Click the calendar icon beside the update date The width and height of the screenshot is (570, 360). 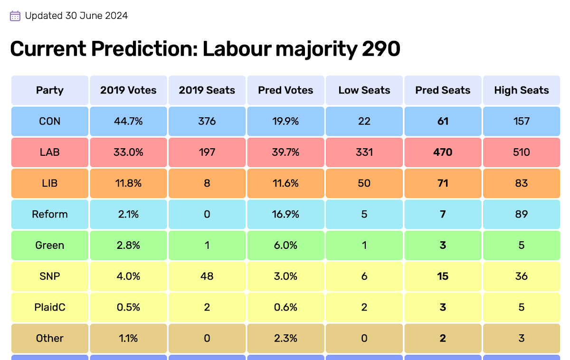click(15, 16)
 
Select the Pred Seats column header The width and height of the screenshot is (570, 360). click(443, 90)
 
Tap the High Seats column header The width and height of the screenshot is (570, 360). click(522, 90)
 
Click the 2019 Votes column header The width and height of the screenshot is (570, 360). click(128, 90)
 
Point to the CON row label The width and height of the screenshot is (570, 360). click(50, 121)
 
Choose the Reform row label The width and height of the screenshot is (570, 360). click(50, 214)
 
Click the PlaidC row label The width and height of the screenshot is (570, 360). click(50, 307)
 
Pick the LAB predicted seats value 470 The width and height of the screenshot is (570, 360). click(443, 152)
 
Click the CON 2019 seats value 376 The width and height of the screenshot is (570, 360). click(207, 121)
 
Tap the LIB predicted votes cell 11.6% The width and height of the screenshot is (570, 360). click(286, 183)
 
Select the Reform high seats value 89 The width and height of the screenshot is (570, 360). click(522, 214)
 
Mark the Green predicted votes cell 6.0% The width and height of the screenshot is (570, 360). click(286, 246)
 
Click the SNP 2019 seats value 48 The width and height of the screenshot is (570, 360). click(207, 276)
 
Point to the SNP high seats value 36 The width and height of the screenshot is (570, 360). click(522, 276)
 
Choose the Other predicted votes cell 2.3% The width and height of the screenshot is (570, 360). click(286, 339)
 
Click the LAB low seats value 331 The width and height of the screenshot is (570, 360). click(364, 152)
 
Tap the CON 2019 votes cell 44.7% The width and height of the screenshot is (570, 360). click(128, 121)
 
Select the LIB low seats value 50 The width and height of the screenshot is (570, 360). click(364, 183)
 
